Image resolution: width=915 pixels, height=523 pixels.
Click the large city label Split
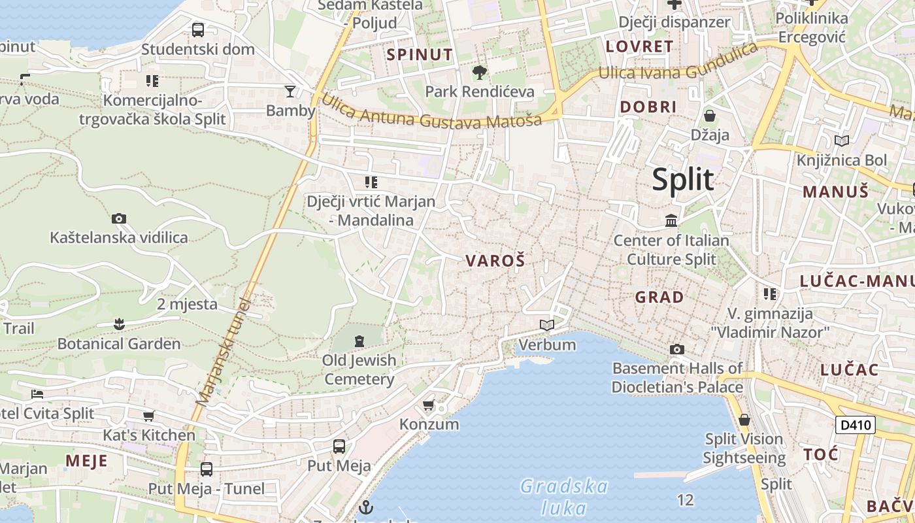point(683,179)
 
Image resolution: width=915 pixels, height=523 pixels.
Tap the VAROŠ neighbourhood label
point(495,261)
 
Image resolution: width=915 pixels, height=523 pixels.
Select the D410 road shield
point(856,425)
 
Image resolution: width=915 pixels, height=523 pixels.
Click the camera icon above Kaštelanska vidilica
point(119,218)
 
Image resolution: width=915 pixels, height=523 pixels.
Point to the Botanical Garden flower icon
point(119,324)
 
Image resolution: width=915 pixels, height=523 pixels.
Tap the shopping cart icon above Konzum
point(429,405)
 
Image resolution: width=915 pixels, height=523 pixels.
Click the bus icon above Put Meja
point(339,447)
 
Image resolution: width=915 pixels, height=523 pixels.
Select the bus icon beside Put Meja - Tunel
point(207,469)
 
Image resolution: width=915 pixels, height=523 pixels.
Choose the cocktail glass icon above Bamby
point(290,91)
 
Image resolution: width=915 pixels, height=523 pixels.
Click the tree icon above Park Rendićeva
point(480,71)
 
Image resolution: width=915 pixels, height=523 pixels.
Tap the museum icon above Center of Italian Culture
point(671,221)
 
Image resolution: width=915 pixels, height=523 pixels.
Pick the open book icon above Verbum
point(547,325)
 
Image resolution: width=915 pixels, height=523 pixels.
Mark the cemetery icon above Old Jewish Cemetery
point(359,341)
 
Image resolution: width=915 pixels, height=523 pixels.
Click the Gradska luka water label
point(564,496)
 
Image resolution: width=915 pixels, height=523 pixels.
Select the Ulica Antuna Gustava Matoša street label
point(431,112)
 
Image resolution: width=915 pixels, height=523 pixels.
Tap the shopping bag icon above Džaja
point(710,116)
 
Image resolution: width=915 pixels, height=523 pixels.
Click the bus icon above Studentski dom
point(197,29)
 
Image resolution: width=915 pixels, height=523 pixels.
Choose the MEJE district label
point(86,460)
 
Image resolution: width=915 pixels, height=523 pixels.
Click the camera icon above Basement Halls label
point(677,349)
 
